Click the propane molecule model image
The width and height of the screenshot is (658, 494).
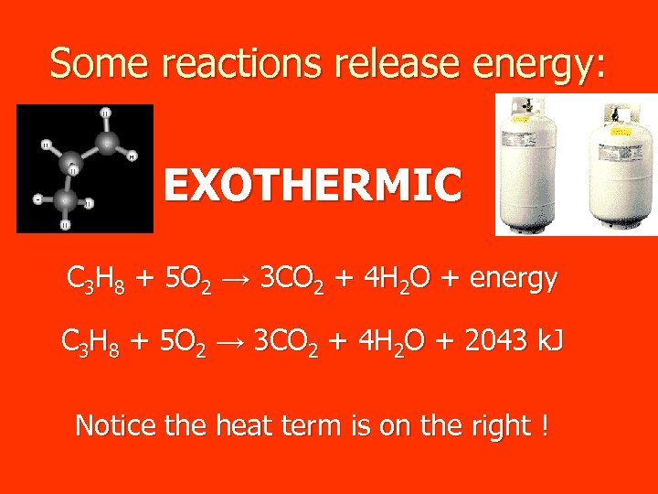pyautogui.click(x=85, y=168)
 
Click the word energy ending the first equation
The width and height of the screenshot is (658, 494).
pyautogui.click(x=513, y=280)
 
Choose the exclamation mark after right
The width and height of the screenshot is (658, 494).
pyautogui.click(x=545, y=424)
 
